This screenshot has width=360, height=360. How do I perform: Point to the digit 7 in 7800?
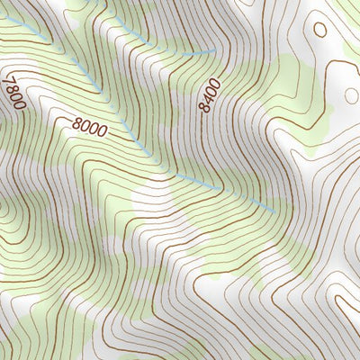click(9, 81)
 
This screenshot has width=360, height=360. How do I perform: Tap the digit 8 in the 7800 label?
click(11, 89)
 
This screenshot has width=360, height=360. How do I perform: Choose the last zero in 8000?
click(102, 132)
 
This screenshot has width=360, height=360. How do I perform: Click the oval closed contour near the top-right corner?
click(319, 29)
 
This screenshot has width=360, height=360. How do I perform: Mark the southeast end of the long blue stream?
click(273, 211)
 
